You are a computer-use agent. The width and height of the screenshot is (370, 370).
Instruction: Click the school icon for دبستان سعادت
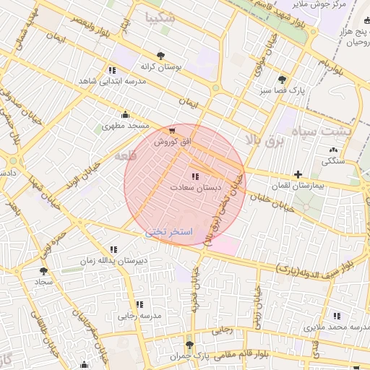194,176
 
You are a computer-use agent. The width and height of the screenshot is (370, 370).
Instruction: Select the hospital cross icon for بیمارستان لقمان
298,175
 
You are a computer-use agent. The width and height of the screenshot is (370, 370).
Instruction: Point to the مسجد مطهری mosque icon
126,114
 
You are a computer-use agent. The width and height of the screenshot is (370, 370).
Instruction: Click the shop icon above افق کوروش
171,131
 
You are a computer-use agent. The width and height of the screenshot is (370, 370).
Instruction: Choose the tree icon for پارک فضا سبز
281,79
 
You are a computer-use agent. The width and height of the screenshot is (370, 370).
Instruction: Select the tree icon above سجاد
43,270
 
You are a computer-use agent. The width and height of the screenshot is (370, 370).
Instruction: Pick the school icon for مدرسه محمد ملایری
337,315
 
